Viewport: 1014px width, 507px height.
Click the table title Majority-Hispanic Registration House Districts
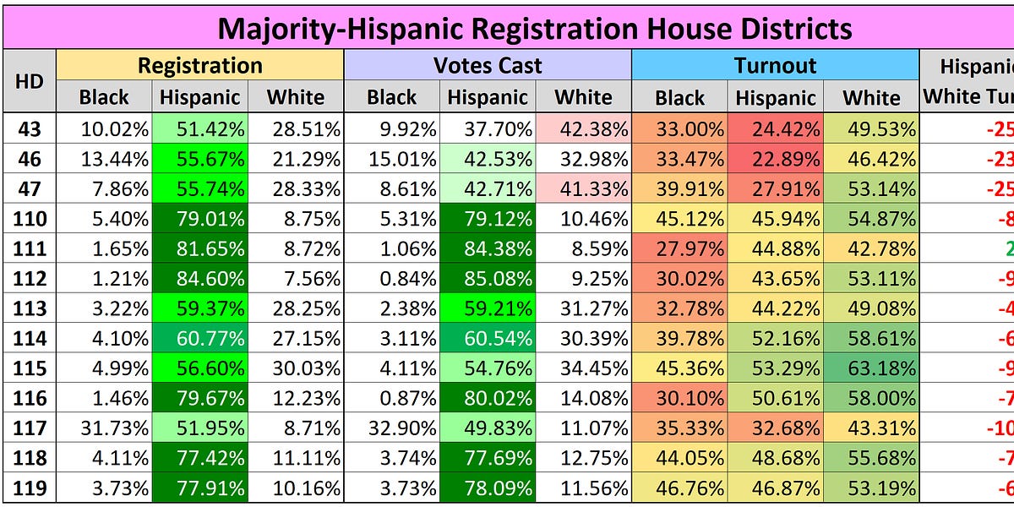534,29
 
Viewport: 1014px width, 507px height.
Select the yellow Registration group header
199,66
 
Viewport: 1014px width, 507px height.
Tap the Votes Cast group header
488,66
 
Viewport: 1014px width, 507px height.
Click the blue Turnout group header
775,66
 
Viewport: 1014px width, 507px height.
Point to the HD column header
30,81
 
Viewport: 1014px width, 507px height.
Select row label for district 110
30,220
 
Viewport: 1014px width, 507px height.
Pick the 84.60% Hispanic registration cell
199,280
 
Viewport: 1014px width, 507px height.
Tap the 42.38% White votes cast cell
583,130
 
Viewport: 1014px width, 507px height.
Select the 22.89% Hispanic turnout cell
775,160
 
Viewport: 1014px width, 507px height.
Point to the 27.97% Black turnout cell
679,249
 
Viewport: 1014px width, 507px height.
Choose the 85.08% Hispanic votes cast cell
488,280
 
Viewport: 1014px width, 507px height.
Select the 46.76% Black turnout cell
679,488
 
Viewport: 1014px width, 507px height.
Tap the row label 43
30,130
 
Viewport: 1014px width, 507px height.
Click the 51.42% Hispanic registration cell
199,130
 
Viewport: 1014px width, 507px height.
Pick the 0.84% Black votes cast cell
391,280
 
